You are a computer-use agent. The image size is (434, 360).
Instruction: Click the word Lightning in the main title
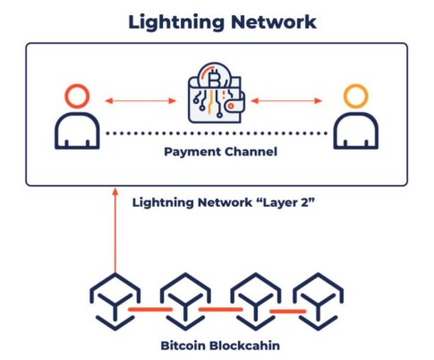(x=176, y=22)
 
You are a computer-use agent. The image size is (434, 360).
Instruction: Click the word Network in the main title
(x=274, y=21)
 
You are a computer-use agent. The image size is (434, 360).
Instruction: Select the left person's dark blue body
(x=77, y=115)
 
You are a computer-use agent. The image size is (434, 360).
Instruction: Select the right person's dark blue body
(x=356, y=115)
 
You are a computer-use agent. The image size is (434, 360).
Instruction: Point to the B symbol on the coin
(x=214, y=78)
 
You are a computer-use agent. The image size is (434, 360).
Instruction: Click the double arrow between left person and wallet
(x=140, y=100)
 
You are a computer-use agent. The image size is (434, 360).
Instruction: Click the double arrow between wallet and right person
(x=286, y=100)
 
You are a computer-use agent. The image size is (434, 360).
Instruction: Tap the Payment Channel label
(x=221, y=151)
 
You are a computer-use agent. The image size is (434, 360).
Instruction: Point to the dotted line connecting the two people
(x=217, y=133)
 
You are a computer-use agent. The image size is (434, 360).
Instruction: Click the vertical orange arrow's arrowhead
(x=115, y=191)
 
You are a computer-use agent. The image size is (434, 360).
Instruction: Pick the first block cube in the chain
(x=115, y=302)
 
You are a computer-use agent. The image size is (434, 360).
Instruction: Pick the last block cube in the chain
(x=318, y=302)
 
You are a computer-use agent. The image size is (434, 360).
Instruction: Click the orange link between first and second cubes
(x=150, y=310)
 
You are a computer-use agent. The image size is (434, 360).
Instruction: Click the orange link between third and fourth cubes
(x=288, y=312)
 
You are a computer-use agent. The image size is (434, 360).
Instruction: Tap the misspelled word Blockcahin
(x=245, y=346)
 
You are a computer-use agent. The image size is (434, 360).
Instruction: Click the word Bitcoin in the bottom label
(x=183, y=346)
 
